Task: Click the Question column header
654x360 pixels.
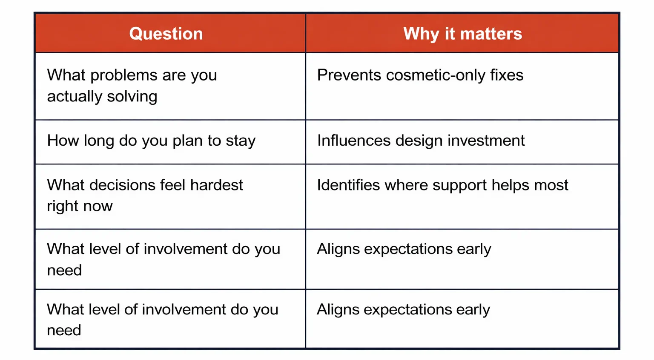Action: click(166, 34)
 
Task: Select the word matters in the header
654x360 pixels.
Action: click(491, 34)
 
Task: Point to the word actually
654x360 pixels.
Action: click(75, 96)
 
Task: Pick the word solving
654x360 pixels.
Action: click(132, 97)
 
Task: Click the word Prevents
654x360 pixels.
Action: click(349, 75)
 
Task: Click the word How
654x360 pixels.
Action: click(63, 140)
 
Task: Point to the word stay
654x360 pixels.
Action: click(241, 141)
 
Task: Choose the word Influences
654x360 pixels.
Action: click(354, 140)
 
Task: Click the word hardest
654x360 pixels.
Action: click(217, 185)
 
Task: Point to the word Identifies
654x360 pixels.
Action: click(348, 185)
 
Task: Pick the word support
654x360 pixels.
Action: click(459, 186)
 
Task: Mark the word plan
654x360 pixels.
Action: click(187, 141)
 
